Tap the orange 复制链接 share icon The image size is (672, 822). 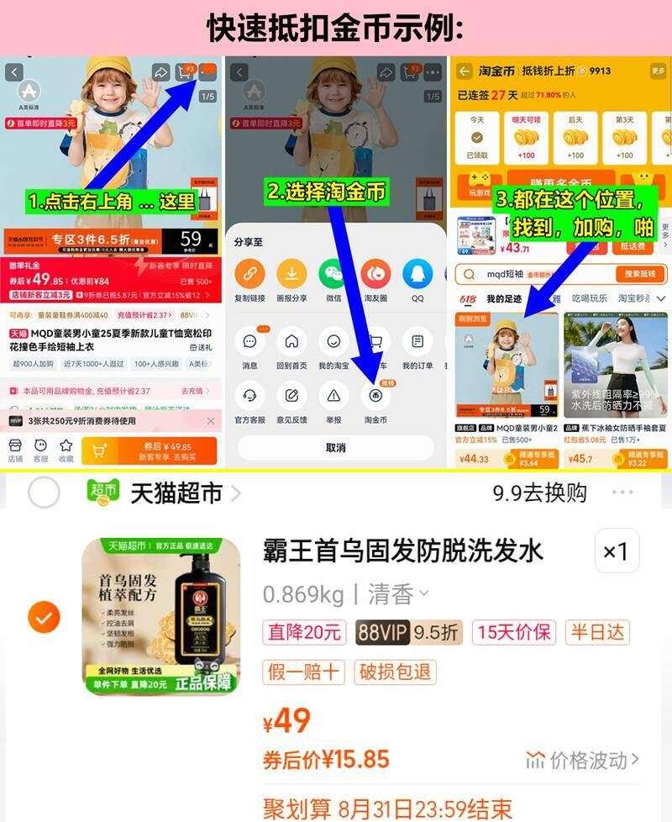pyautogui.click(x=249, y=273)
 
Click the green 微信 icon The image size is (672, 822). pyautogui.click(x=333, y=273)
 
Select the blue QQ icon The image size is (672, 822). pyautogui.click(x=417, y=273)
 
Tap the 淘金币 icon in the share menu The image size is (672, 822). pyautogui.click(x=375, y=395)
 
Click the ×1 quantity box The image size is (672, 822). pyautogui.click(x=617, y=551)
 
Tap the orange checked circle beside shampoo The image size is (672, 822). pyautogui.click(x=44, y=618)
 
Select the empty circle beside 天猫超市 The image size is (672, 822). pyautogui.click(x=44, y=493)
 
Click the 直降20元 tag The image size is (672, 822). pyautogui.click(x=304, y=632)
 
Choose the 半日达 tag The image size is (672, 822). pyautogui.click(x=599, y=632)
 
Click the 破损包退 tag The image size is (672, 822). pyautogui.click(x=396, y=672)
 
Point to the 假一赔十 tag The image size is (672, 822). pyautogui.click(x=304, y=672)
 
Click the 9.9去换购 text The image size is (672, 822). pyautogui.click(x=539, y=493)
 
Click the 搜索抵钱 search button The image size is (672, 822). pyautogui.click(x=639, y=274)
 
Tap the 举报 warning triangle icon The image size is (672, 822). pyautogui.click(x=333, y=395)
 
